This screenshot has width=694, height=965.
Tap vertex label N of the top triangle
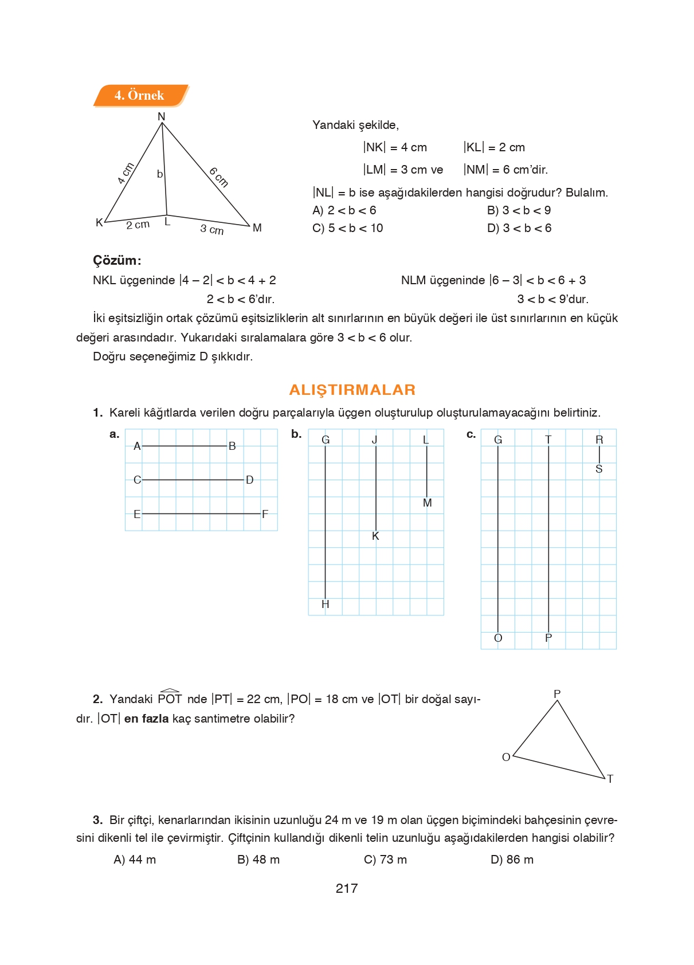[x=161, y=116]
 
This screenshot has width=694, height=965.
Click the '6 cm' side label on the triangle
[x=218, y=177]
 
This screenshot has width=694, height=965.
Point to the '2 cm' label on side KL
[x=138, y=225]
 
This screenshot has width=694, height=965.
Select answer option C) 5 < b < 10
[x=348, y=228]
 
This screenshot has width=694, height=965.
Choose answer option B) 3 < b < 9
[x=519, y=210]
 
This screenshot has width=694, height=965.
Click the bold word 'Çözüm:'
[x=117, y=260]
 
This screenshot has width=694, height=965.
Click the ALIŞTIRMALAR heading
[x=352, y=390]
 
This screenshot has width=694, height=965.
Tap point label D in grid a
[x=249, y=480]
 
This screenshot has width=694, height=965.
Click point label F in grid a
[x=265, y=514]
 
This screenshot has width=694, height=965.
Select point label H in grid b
[x=326, y=604]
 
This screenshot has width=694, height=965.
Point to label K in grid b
[x=375, y=536]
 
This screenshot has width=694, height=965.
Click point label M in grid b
[x=427, y=503]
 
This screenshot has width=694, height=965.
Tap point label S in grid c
[x=599, y=469]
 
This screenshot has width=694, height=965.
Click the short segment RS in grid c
[x=599, y=454]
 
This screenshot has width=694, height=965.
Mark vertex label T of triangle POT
[x=610, y=779]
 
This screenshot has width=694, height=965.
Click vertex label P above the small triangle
[x=557, y=693]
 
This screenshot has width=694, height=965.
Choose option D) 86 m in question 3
[x=512, y=860]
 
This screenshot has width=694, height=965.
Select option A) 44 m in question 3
[x=135, y=860]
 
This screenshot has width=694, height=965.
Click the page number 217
[x=347, y=888]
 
